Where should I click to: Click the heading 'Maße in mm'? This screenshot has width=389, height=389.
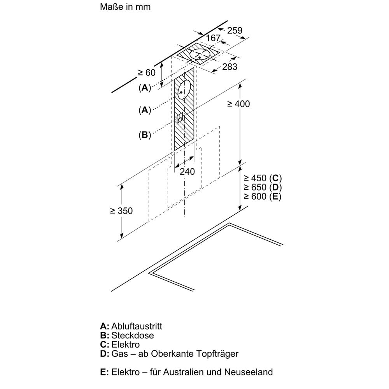125,7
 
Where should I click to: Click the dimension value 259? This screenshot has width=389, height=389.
235,30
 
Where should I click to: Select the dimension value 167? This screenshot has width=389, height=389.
213,38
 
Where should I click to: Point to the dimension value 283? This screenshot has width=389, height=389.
230,67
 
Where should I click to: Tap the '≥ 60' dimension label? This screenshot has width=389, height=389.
147,72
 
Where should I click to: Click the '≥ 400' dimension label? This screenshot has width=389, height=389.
238,104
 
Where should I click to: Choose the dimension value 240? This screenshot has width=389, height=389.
187,172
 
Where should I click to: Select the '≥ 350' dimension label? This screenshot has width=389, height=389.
121,211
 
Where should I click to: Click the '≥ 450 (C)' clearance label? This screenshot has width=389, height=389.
263,178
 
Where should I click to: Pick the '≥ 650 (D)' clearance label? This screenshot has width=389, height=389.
263,187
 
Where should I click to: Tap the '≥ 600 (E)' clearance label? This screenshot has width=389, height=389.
263,196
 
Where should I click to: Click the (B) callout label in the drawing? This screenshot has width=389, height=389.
145,135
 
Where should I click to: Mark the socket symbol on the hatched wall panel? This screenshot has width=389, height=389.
180,117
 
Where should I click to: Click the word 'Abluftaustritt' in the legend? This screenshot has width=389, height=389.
137,326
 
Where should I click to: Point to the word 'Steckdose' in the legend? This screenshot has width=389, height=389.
133,335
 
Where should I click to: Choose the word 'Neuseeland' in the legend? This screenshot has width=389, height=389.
248,372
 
